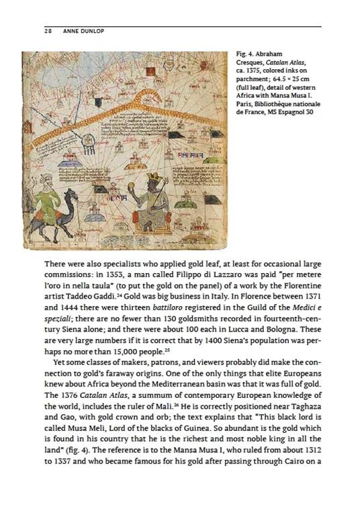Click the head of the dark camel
pyautogui.click(x=73, y=194)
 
